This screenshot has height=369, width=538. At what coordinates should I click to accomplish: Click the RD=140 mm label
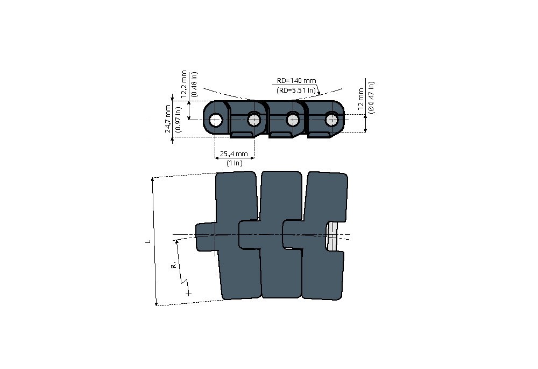[x=296, y=81]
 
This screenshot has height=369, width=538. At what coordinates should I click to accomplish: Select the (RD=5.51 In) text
[x=296, y=90]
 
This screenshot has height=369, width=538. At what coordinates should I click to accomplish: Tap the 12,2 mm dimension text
[x=184, y=84]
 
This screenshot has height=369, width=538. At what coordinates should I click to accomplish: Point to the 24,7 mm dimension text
[x=168, y=119]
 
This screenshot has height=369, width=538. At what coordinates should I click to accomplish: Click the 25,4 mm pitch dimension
[x=234, y=154]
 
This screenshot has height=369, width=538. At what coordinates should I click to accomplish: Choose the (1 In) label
[x=235, y=163]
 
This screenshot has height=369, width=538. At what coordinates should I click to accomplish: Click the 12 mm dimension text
[x=361, y=99]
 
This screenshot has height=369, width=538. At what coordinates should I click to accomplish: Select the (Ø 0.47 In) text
[x=371, y=97]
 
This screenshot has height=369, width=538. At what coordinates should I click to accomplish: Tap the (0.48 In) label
[x=194, y=84]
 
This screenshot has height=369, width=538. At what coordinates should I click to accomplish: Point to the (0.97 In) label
[x=178, y=119]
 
